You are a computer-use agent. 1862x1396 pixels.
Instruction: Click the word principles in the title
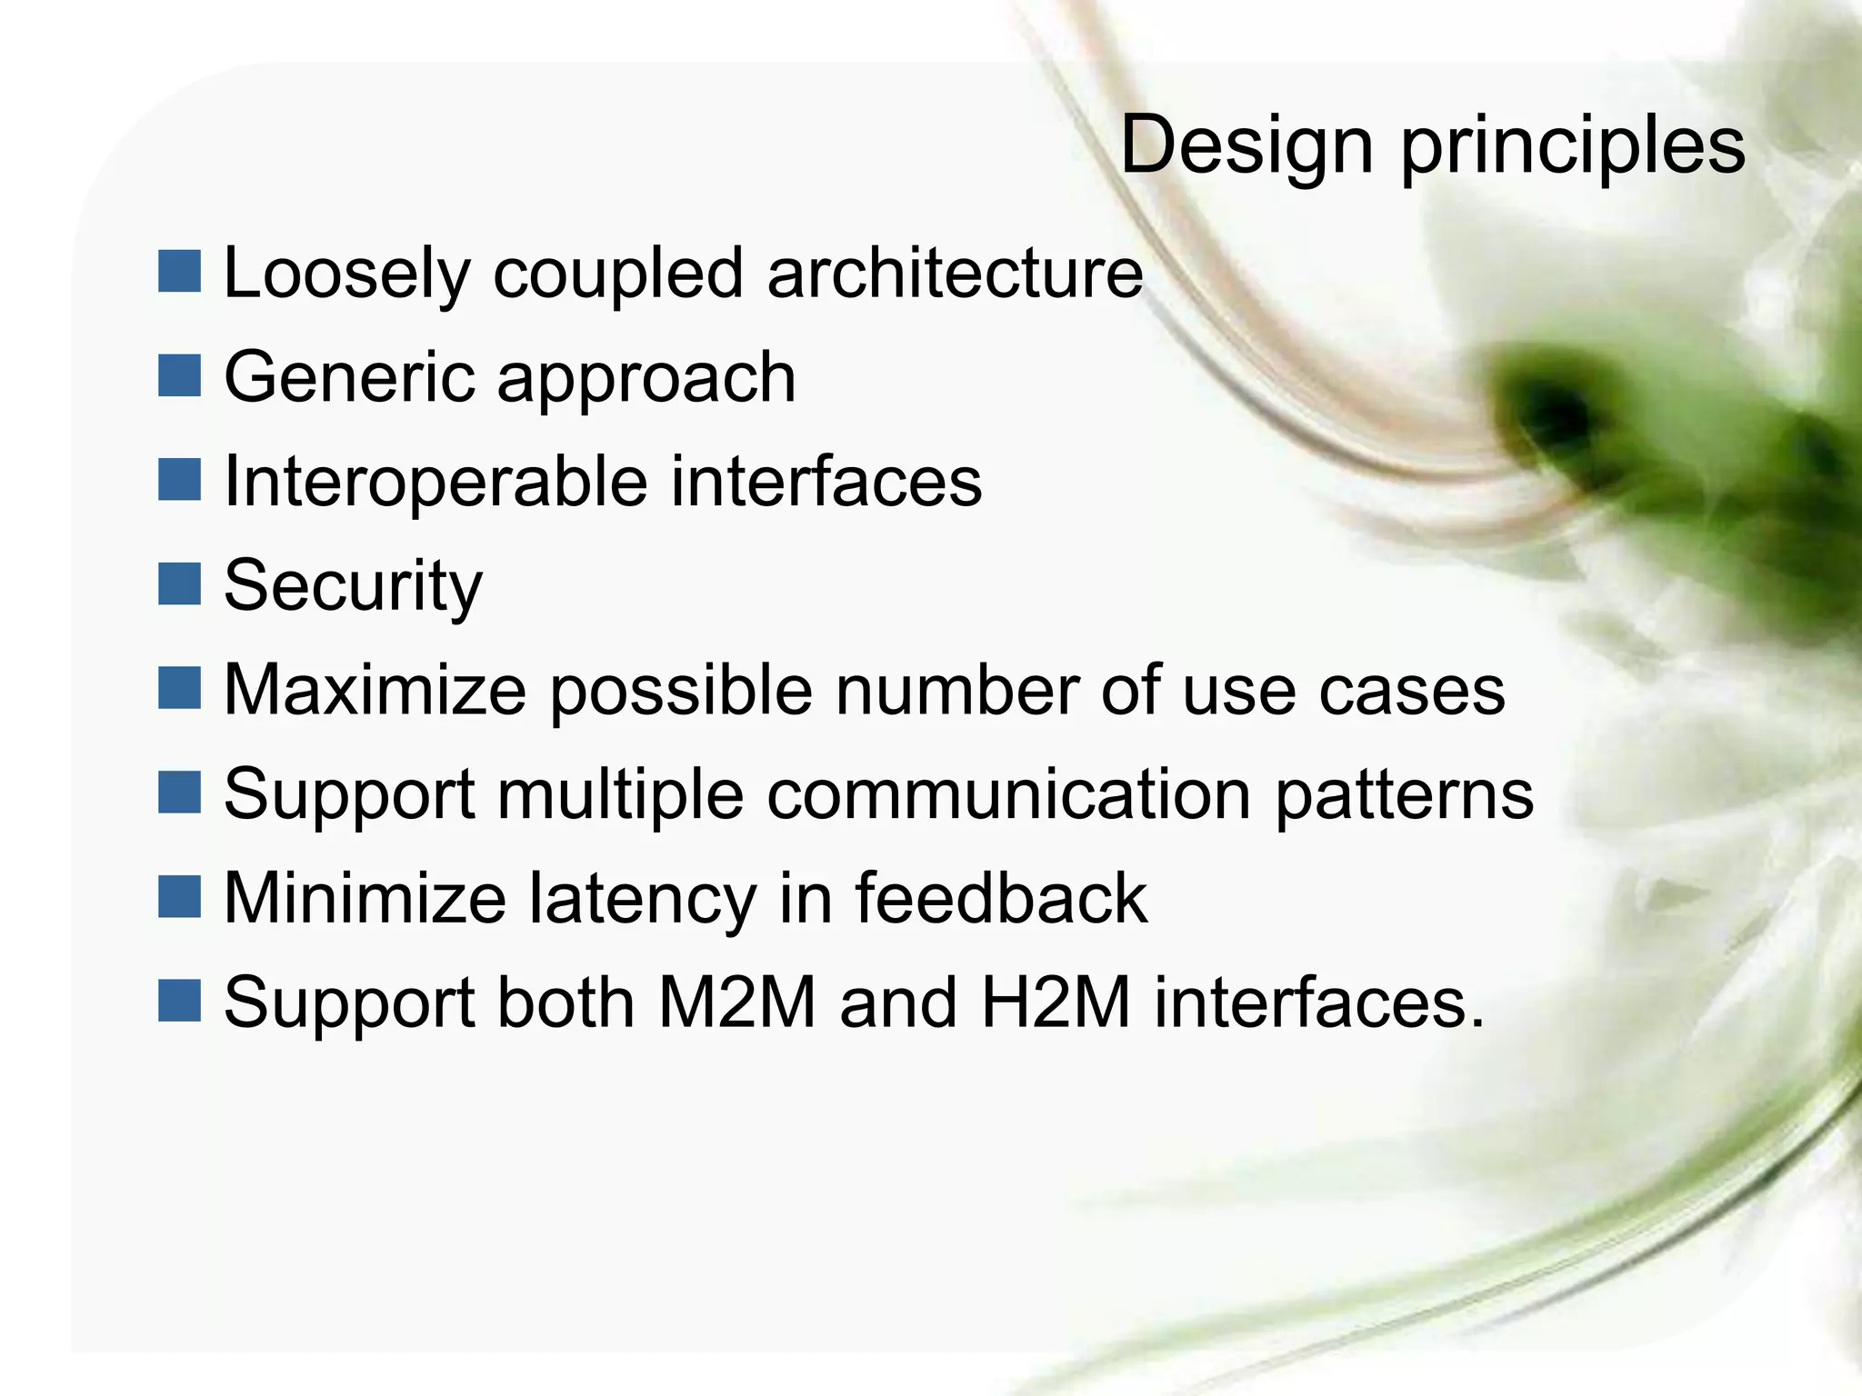(x=1572, y=147)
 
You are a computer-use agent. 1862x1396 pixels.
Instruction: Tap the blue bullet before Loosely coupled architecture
(x=179, y=272)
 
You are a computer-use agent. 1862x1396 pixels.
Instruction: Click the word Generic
(x=348, y=377)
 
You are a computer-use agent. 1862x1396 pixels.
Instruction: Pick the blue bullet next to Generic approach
(x=179, y=376)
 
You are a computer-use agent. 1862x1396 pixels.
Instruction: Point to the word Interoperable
(x=435, y=482)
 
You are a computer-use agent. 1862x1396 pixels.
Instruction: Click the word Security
(x=353, y=586)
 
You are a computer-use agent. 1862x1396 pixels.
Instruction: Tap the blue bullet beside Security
(x=179, y=584)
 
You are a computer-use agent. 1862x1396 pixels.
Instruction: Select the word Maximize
(x=375, y=691)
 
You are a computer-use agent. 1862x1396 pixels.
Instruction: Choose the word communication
(x=1009, y=794)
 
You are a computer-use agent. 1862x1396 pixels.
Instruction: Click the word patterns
(x=1405, y=796)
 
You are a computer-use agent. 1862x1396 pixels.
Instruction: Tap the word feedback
(x=1001, y=898)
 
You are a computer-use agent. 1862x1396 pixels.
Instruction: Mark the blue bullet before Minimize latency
(x=179, y=897)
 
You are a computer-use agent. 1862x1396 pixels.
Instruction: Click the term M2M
(x=736, y=1002)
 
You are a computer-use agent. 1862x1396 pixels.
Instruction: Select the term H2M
(x=1056, y=1002)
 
